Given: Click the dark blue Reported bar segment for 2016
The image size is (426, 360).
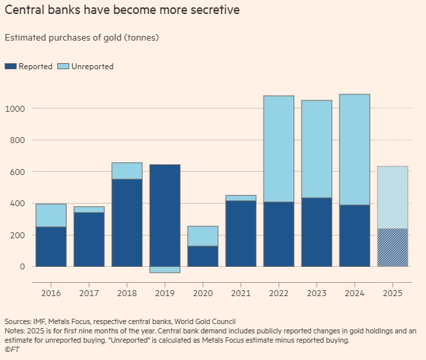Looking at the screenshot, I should [x=51, y=247].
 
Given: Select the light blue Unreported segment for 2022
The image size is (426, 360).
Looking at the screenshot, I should [x=279, y=149].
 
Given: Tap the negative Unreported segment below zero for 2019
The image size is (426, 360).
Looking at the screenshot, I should [x=164, y=270].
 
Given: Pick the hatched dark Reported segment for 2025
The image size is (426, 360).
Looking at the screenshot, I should [x=393, y=248].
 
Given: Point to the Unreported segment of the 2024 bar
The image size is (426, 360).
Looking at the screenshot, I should [x=355, y=150].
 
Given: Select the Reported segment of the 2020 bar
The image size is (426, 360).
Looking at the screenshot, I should [x=203, y=256].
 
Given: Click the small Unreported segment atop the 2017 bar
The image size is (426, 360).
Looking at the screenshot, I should [x=89, y=210].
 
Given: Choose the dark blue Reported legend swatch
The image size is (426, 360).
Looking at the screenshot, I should [x=10, y=67].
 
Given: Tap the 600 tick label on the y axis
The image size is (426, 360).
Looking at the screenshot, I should [x=19, y=172].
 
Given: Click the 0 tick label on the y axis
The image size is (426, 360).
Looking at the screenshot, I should [x=23, y=267].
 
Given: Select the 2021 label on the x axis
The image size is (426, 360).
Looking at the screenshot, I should [x=240, y=291].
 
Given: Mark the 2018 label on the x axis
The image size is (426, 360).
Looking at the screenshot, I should [x=126, y=291].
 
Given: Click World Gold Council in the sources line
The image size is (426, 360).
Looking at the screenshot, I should [x=198, y=322].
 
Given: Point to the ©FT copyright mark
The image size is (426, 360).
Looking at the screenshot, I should [x=12, y=349].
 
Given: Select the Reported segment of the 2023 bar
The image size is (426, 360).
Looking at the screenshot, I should [x=317, y=232].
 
